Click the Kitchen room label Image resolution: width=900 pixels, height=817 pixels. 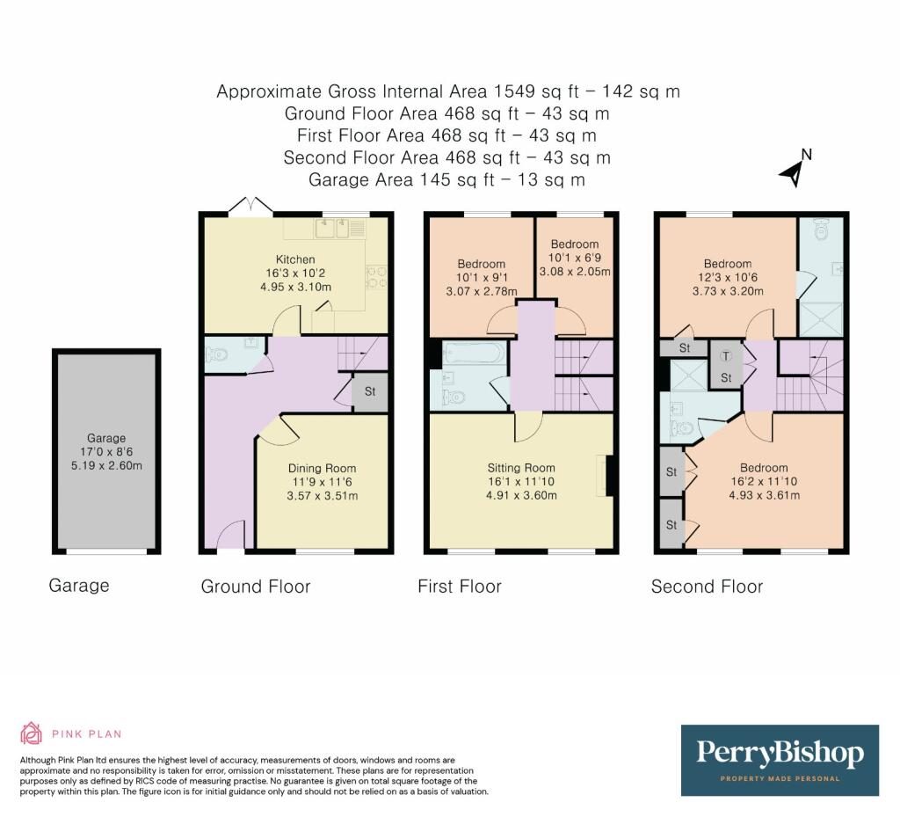coord(295,259)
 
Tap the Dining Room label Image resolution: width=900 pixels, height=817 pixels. coord(322,469)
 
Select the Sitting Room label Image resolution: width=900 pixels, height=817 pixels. coord(521,468)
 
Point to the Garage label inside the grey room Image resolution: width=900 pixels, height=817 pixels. coord(106,438)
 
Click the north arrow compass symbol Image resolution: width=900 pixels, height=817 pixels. coord(795,169)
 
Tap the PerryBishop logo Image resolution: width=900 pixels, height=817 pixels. coord(780,760)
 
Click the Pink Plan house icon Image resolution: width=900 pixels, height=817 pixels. coord(31,733)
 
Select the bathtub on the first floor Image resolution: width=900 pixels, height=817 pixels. coord(474,354)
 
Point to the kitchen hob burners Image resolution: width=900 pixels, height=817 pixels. coord(377,276)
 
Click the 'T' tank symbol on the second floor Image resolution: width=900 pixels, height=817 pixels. coord(726,356)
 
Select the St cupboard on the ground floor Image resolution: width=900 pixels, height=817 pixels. coord(370,392)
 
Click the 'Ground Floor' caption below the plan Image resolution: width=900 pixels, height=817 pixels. coord(256,587)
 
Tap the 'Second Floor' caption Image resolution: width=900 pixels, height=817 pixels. coord(707,587)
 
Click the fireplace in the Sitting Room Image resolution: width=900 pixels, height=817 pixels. coord(606,476)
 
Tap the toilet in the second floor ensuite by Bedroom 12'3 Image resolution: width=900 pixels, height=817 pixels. coord(822,229)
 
